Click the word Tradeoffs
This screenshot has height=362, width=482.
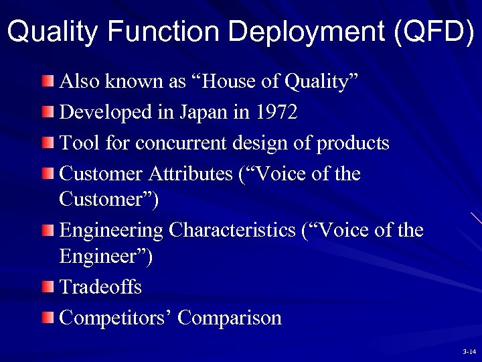(100, 287)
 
